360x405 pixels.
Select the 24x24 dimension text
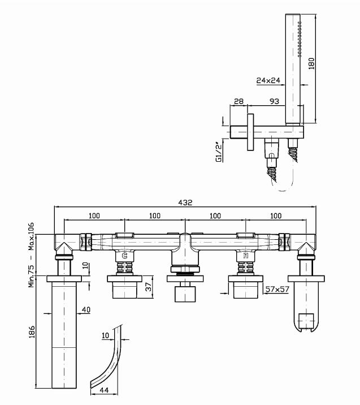click(269, 80)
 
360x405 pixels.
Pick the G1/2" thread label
click(219, 152)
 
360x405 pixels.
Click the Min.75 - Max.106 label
click(33, 255)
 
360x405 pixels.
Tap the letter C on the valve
click(124, 256)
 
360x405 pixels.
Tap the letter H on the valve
click(245, 256)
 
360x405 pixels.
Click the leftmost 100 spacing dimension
click(94, 216)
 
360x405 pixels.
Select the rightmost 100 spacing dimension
click(276, 216)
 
